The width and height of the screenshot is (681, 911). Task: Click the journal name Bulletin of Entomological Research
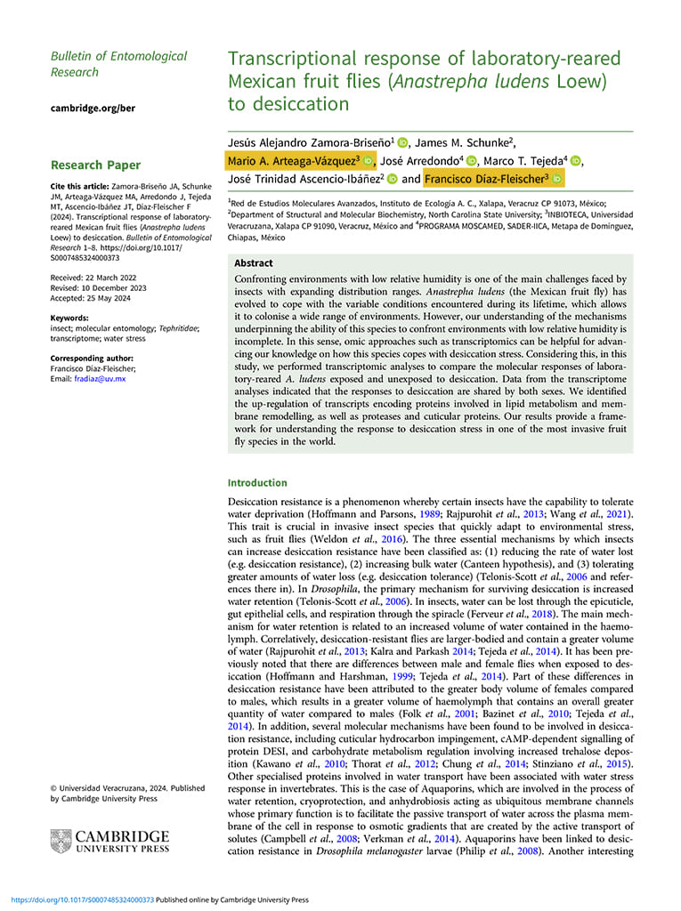118,63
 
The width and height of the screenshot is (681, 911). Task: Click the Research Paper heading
95,165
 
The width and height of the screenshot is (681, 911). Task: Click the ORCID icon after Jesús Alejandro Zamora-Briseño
402,142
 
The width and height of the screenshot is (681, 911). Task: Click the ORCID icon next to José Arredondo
472,161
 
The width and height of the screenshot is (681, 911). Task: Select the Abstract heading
254,263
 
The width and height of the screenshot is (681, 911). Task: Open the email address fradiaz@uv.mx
101,378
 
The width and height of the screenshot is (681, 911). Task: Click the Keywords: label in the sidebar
69,318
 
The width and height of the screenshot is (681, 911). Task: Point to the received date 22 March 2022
94,277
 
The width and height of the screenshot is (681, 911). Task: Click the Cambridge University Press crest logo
61,842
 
